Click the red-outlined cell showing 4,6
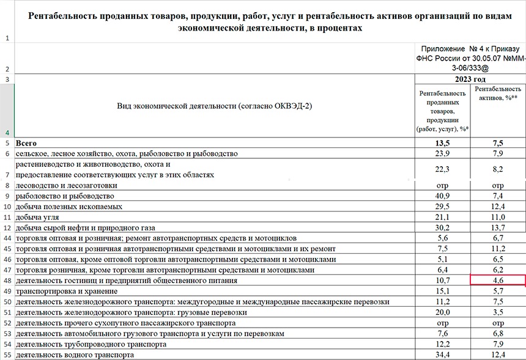497,281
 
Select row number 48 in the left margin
7,281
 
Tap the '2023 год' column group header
470,79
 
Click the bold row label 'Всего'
26,143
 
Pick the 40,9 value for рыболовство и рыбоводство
442,196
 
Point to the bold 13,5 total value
442,143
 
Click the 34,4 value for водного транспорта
442,354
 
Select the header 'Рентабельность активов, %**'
498,94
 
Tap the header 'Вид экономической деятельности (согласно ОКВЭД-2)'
214,106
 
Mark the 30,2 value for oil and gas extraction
442,227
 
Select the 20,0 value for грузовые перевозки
442,312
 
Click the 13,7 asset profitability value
498,227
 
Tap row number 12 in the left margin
7,227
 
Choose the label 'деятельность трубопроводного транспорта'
91,344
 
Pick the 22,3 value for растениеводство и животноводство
442,169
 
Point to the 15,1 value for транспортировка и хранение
442,291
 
